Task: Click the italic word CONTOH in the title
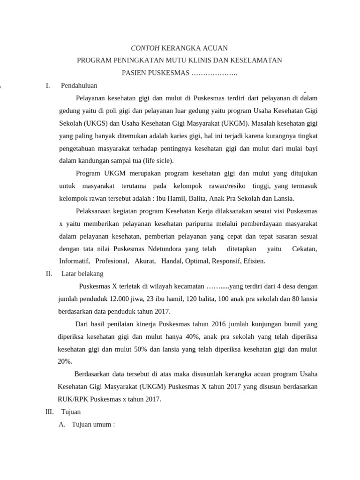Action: click(145, 48)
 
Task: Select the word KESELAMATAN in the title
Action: click(262, 60)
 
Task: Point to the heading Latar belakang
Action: click(82, 273)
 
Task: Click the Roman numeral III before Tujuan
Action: click(49, 412)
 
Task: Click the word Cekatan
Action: click(304, 248)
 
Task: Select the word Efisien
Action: click(254, 261)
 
